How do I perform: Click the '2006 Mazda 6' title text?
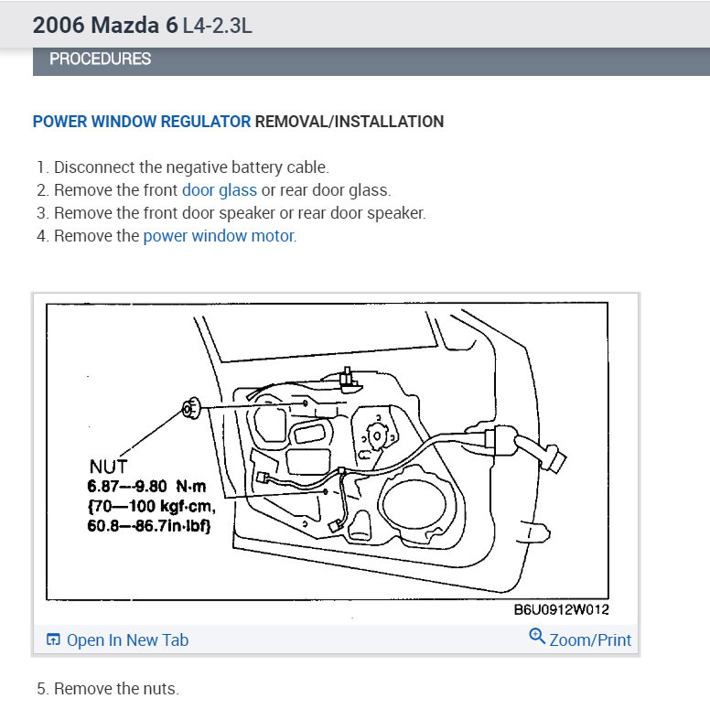coord(105,25)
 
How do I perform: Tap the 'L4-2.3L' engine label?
coord(217,26)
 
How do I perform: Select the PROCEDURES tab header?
coord(100,59)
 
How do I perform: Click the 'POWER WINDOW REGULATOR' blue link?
coord(141,122)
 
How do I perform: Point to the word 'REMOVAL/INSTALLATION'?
coord(349,122)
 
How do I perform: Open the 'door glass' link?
coord(219,190)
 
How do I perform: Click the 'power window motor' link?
coord(219,236)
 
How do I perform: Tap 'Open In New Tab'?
coord(126,640)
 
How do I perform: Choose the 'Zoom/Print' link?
coord(589,640)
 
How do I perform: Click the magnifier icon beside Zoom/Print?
coord(537,637)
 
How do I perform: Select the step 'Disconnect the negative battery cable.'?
coord(190,167)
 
